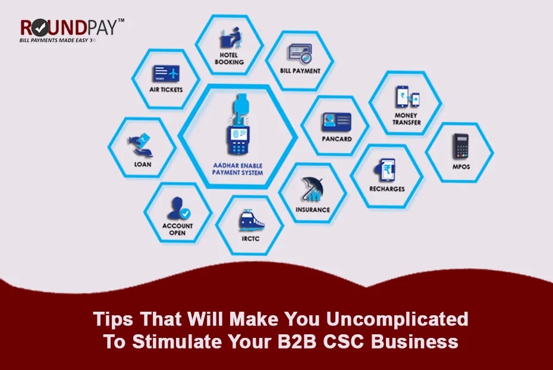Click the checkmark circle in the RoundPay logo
[x=41, y=27]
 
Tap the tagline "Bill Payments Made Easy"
[x=54, y=40]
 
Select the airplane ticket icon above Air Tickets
[x=166, y=73]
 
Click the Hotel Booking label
[x=230, y=58]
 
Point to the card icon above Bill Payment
[x=300, y=54]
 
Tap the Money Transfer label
[x=406, y=119]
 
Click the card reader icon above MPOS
[x=461, y=146]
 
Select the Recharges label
[x=387, y=189]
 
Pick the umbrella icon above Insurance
[x=312, y=189]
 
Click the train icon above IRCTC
[x=251, y=221]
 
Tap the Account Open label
[x=177, y=229]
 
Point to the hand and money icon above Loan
[x=141, y=145]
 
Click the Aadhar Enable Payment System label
[x=237, y=170]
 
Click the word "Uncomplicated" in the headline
[x=397, y=319]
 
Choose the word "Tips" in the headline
[x=113, y=319]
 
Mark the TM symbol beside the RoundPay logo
[x=121, y=20]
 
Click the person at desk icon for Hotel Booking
[x=231, y=37]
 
